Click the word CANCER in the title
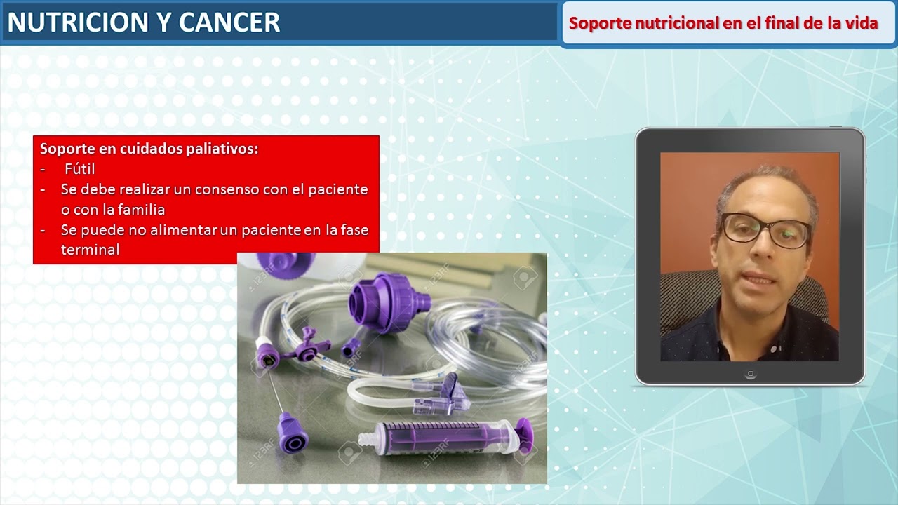(x=229, y=22)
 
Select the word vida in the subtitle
(x=862, y=23)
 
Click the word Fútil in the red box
(x=79, y=169)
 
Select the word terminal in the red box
(x=90, y=249)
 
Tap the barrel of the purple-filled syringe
(x=435, y=438)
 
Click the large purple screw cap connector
(x=387, y=303)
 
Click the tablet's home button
(x=750, y=375)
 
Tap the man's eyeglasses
(x=765, y=230)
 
